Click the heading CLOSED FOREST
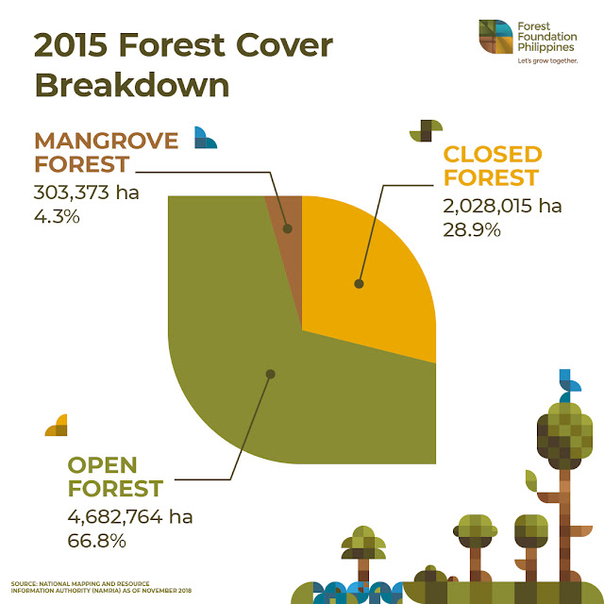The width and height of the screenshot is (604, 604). tap(492, 165)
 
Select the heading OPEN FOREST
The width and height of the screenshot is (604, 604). tap(116, 477)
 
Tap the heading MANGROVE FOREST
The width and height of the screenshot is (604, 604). tap(107, 152)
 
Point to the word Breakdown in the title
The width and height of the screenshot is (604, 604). tap(132, 84)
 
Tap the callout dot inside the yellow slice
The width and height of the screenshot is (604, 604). tap(359, 282)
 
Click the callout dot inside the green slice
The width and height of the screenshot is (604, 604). tap(270, 374)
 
